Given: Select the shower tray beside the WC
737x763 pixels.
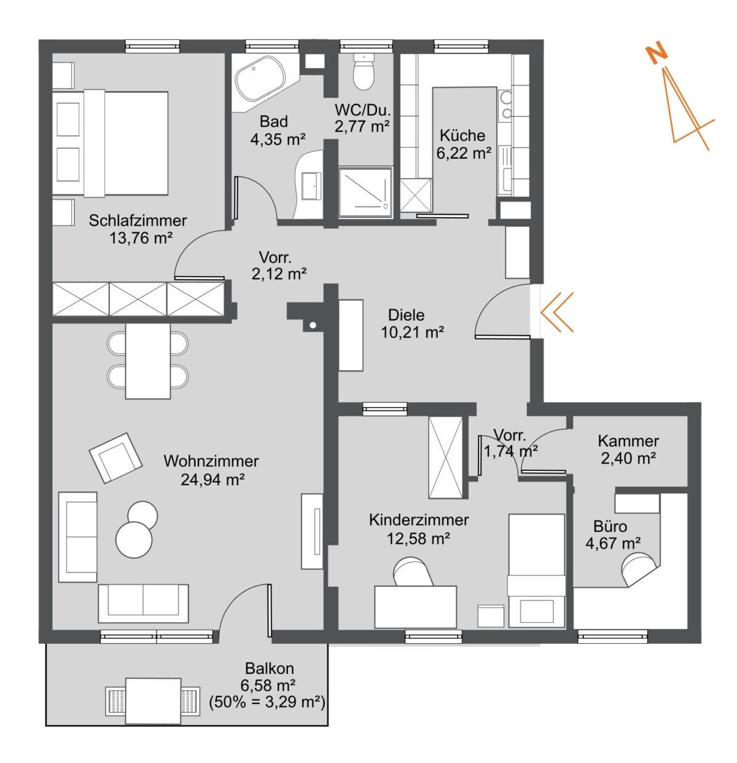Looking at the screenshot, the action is click(365, 192).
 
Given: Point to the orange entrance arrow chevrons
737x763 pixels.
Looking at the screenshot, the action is click(557, 312).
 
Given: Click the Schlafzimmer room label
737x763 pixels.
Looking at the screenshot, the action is click(138, 220).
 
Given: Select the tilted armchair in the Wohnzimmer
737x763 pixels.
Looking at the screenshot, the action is click(115, 457).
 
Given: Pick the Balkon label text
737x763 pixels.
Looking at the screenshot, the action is click(269, 668).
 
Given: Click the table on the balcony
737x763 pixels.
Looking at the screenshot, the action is click(153, 701).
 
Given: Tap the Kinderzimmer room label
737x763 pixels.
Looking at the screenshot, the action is click(418, 520).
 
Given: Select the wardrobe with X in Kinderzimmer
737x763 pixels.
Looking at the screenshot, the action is click(446, 457).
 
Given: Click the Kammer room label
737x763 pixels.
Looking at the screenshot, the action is click(628, 441).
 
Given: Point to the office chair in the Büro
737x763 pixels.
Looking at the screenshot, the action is click(638, 569).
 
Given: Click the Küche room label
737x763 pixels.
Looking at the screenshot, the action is click(462, 136).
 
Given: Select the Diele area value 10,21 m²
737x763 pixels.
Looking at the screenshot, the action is click(412, 333).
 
